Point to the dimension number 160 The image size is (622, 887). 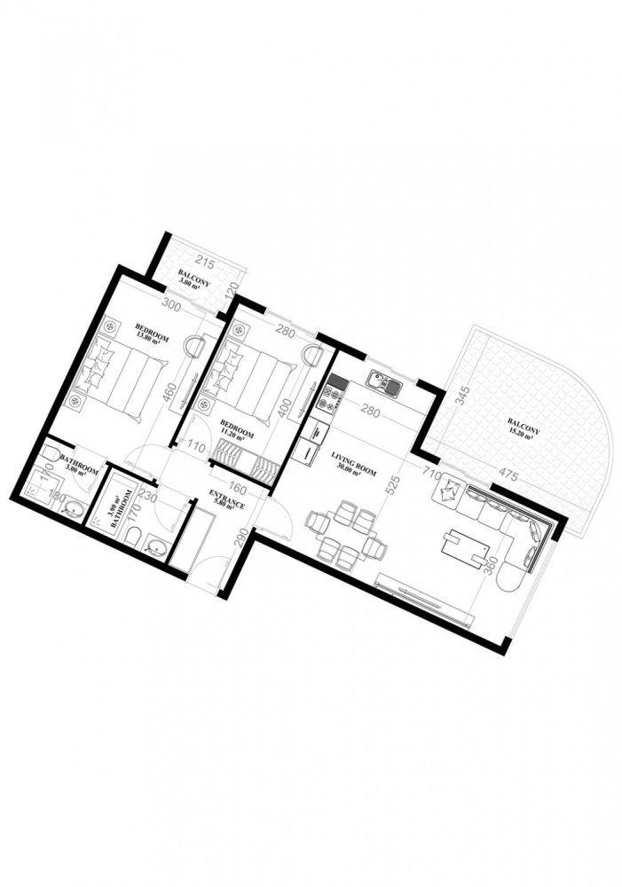click(x=238, y=487)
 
